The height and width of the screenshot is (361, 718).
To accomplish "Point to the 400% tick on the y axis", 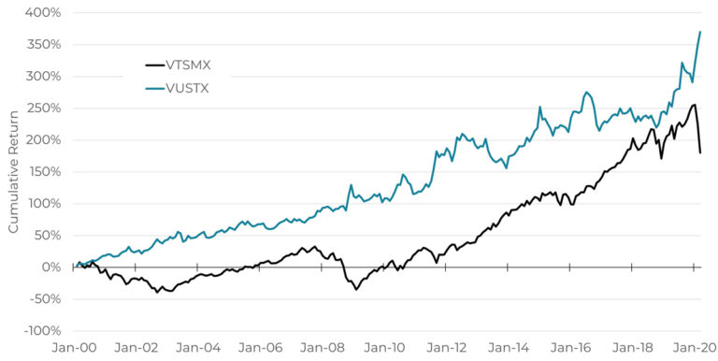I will pyautogui.click(x=42, y=13).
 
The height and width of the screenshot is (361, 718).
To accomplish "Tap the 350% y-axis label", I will pyautogui.click(x=42, y=45).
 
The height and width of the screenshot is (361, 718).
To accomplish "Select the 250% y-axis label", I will pyautogui.click(x=42, y=108).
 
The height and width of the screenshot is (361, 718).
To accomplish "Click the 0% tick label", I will pyautogui.click(x=50, y=267).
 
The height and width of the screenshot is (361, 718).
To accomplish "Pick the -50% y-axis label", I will pyautogui.click(x=42, y=299).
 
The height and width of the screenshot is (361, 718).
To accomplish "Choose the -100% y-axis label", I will pyautogui.click(x=39, y=331).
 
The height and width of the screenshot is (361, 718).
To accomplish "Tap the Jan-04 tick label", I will pyautogui.click(x=198, y=346).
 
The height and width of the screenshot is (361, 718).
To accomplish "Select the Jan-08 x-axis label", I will pyautogui.click(x=323, y=346).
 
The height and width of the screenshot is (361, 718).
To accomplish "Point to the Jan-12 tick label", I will pyautogui.click(x=447, y=346).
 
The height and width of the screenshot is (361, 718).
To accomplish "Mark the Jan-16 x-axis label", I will pyautogui.click(x=571, y=346).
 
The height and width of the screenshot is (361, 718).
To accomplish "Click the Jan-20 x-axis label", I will pyautogui.click(x=695, y=346).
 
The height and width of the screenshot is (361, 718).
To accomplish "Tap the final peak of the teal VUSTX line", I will pyautogui.click(x=700, y=32).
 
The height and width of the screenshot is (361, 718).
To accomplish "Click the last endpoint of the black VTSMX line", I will pyautogui.click(x=700, y=152).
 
